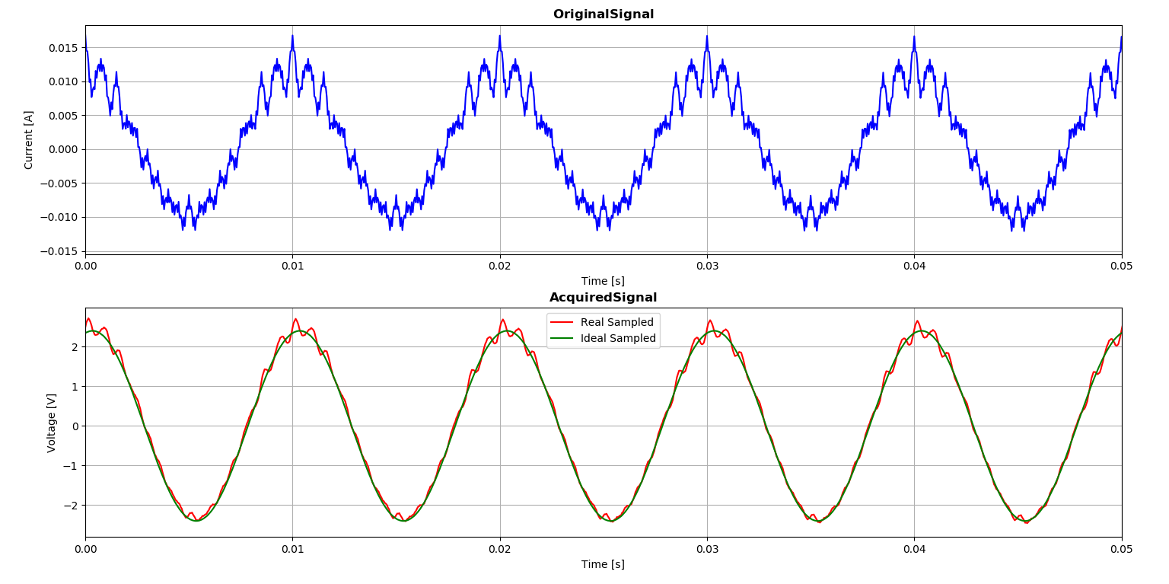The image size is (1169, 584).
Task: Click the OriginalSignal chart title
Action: click(x=603, y=14)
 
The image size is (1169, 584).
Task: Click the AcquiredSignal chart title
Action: click(x=603, y=298)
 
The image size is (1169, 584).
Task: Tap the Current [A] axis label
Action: click(x=29, y=139)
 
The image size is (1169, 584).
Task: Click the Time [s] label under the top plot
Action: click(x=603, y=281)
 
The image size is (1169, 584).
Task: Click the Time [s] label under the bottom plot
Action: click(x=603, y=564)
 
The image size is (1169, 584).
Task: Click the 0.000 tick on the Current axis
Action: click(x=62, y=149)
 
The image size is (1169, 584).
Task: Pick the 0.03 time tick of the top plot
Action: click(x=707, y=266)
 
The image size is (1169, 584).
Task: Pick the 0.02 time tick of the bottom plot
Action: click(x=500, y=549)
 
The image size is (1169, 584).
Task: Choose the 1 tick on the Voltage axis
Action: click(x=75, y=387)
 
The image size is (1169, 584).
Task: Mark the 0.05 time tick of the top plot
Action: click(x=1121, y=266)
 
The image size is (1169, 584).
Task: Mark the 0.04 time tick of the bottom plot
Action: click(x=914, y=549)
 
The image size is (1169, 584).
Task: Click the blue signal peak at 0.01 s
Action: click(x=292, y=36)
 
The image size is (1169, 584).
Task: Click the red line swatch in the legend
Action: click(x=563, y=323)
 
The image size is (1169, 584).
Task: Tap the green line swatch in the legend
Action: click(x=563, y=339)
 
